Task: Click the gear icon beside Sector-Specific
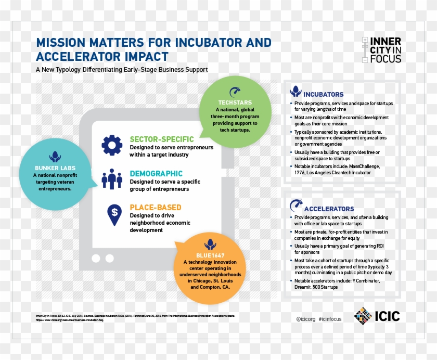tap(111, 145)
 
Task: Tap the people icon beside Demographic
tap(111, 179)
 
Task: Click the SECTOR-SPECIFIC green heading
tap(161, 139)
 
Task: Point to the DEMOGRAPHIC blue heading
tap(156, 173)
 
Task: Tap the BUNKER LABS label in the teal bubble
tap(54, 168)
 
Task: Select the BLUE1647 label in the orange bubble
tap(210, 254)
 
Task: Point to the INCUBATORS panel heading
tap(323, 94)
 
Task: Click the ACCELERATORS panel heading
tap(328, 209)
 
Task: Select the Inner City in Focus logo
tap(382, 50)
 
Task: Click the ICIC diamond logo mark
tap(363, 315)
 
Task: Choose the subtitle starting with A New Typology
tap(121, 69)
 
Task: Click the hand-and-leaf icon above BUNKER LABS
tap(54, 156)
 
